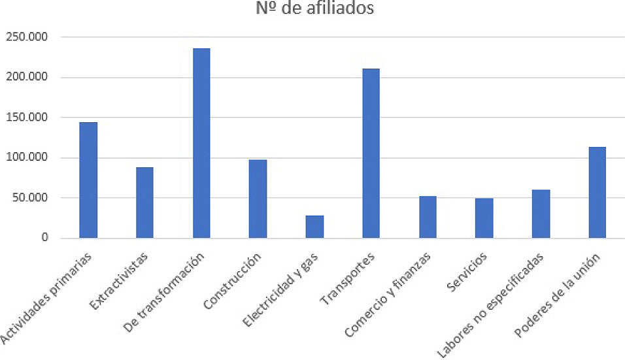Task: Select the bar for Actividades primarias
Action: [88, 180]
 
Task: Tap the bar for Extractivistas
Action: [144, 203]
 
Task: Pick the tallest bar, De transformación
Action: [201, 143]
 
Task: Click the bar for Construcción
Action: [258, 199]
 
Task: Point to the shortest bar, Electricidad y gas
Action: [314, 227]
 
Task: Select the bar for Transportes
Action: [371, 154]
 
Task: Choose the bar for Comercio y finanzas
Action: [428, 217]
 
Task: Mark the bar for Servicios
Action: [484, 218]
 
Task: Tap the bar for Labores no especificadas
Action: [541, 214]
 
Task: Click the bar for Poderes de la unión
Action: [598, 193]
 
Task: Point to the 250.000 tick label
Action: [26, 37]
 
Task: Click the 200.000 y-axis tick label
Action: [26, 77]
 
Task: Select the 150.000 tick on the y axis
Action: [26, 118]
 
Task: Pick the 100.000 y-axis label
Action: [26, 157]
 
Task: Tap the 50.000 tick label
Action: [29, 198]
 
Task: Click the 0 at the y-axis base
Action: [44, 238]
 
